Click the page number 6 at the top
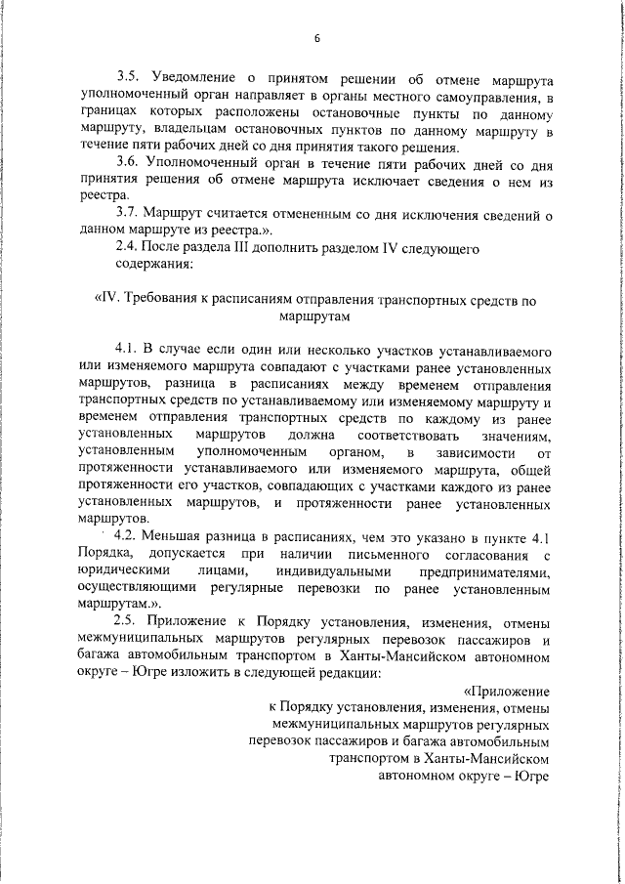[317, 38]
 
